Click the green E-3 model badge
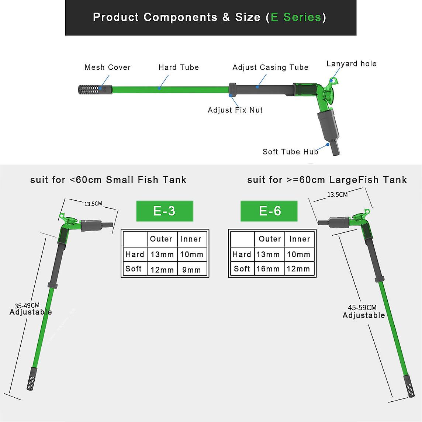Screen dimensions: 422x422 [x=164, y=211]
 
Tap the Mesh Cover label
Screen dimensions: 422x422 [x=107, y=67]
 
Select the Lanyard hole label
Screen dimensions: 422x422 [x=352, y=63]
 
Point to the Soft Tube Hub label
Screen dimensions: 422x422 [x=290, y=152]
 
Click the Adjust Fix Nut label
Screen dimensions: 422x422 [x=235, y=110]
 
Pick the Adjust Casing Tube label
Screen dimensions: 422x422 [x=270, y=67]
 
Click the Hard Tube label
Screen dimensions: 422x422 [x=179, y=67]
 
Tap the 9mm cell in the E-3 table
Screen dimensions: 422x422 [x=192, y=270]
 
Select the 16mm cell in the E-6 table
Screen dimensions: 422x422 [x=268, y=269]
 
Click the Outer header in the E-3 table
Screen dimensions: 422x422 [x=161, y=239]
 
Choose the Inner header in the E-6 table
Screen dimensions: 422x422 [x=300, y=239]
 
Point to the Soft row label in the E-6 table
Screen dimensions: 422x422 [x=242, y=269]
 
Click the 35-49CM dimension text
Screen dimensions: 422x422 [x=27, y=305]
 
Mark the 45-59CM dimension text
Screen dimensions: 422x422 [x=362, y=307]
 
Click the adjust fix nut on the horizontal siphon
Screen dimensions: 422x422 [x=232, y=89]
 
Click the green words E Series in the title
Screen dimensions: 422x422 [x=296, y=17]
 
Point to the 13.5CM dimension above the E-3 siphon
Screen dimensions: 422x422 [x=93, y=204]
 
